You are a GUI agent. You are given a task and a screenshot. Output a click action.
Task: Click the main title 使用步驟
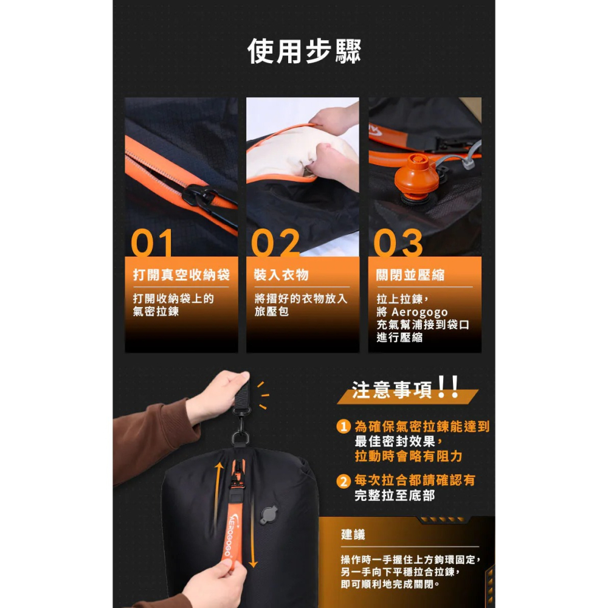pos(305,51)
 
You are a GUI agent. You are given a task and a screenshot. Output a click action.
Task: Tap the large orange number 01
pos(152,243)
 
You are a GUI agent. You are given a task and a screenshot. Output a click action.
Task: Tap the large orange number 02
pos(275,243)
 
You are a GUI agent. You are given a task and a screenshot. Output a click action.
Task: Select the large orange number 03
pos(398,243)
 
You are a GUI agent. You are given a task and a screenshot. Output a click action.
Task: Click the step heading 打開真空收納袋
pos(181,275)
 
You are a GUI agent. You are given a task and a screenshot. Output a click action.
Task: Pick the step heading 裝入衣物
pos(281,275)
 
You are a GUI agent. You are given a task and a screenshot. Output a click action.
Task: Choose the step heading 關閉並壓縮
pos(410,275)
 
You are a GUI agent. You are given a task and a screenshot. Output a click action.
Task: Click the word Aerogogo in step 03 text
pos(420,312)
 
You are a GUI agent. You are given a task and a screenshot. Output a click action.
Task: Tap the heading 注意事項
pos(392,390)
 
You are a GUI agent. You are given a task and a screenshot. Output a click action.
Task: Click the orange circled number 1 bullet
pos(344,427)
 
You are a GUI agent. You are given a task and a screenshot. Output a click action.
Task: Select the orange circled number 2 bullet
pos(344,481)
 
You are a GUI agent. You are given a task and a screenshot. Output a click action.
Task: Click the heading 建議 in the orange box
pos(353,534)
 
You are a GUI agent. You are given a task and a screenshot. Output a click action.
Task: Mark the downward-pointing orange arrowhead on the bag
pos(253,562)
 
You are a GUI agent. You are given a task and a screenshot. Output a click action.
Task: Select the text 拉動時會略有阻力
pos(409,457)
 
